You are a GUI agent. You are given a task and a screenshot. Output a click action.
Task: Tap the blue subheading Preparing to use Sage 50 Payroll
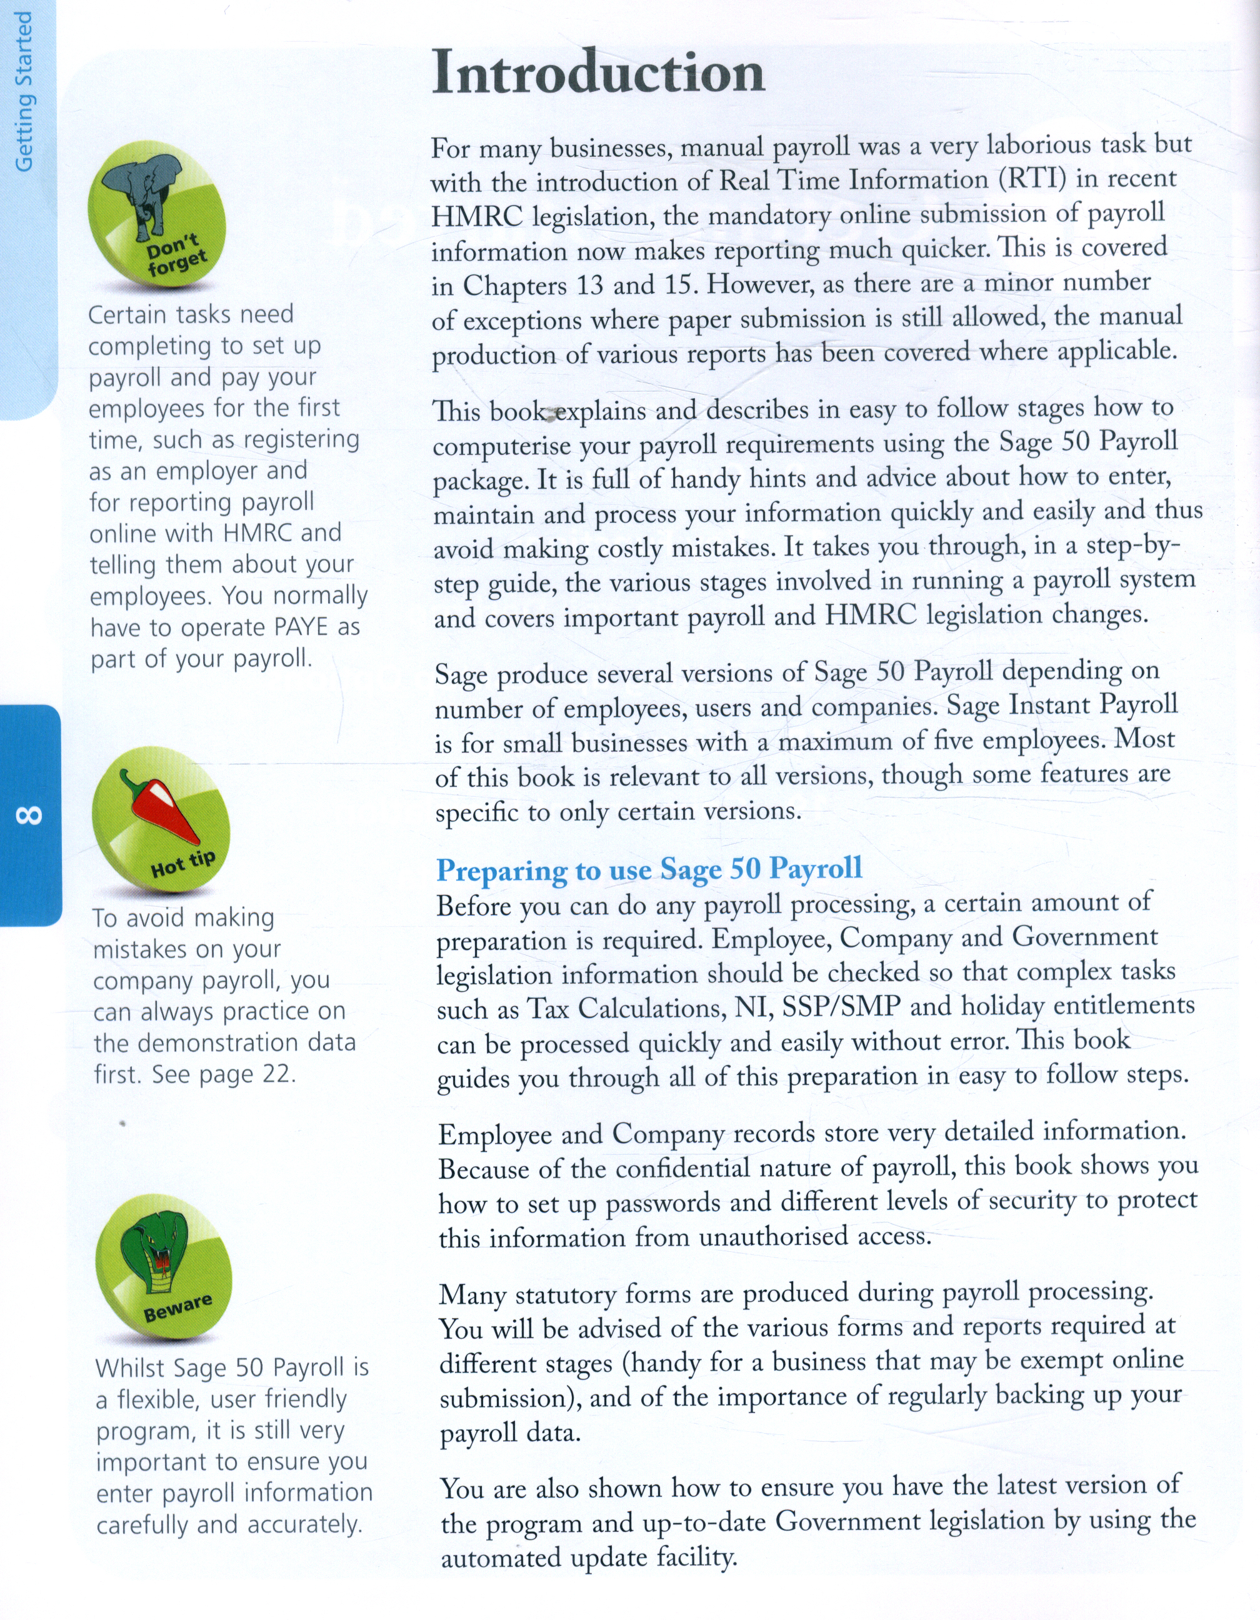pos(649,869)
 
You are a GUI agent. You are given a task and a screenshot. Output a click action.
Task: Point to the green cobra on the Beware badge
pos(157,1258)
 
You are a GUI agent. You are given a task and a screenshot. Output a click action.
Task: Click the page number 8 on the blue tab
pos(29,815)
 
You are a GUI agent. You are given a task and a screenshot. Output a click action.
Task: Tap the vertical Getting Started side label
pos(24,92)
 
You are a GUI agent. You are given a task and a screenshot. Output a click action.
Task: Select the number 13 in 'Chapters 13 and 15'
pos(589,286)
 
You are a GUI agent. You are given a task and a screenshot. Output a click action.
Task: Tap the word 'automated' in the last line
pos(501,1557)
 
